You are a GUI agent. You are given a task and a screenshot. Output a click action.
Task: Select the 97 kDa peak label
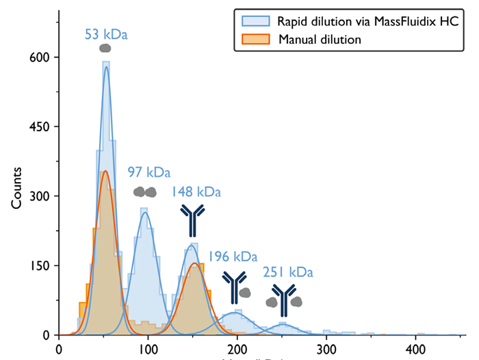[x=148, y=172]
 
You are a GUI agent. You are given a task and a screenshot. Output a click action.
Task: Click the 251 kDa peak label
[x=288, y=272]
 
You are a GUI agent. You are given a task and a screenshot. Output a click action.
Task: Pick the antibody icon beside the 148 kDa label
[x=193, y=220]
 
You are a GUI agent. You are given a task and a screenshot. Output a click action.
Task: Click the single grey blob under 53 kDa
[x=105, y=48]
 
